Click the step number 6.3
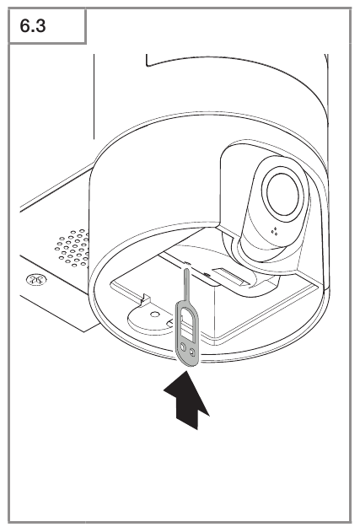coord(33,25)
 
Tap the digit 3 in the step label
coord(40,25)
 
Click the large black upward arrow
coord(186,401)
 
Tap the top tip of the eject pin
coord(185,268)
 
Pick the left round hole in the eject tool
coord(183,347)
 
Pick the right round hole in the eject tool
coord(192,352)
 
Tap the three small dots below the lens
coord(275,231)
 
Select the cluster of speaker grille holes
coord(72,248)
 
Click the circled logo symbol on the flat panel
coord(36,279)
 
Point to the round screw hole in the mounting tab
coord(154,315)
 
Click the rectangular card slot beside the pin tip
coord(228,274)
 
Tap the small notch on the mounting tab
coord(146,298)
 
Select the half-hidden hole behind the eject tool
coord(170,323)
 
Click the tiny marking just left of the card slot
coord(207,275)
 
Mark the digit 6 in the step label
coord(25,25)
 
